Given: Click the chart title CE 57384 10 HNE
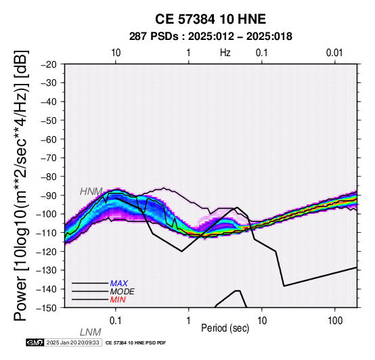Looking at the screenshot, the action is coord(211,19).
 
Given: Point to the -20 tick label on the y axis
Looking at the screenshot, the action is coord(49,64).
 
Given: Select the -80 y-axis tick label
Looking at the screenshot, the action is coord(49,177).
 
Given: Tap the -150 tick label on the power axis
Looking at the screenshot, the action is coord(47,308).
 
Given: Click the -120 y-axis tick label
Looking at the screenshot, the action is coord(47,252).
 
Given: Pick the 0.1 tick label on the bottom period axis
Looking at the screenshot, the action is coord(116,321).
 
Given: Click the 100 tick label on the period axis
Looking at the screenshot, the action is coord(335,321).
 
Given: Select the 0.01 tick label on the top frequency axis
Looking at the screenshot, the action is coord(334,53).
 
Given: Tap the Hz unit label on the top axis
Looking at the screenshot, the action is coord(225,53).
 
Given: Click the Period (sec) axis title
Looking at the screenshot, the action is coord(225,328).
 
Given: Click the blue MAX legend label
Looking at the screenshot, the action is coord(119,284).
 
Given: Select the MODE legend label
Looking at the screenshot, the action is coord(123,292).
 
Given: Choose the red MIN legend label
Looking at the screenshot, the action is coord(118,300).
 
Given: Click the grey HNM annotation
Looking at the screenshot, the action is coord(91,192).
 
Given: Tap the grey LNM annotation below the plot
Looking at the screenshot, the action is coord(91,332).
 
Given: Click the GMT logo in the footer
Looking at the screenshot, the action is coord(35,342).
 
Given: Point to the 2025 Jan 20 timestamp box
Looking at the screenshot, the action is coord(72,342).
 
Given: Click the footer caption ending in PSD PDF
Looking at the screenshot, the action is coord(135,343).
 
